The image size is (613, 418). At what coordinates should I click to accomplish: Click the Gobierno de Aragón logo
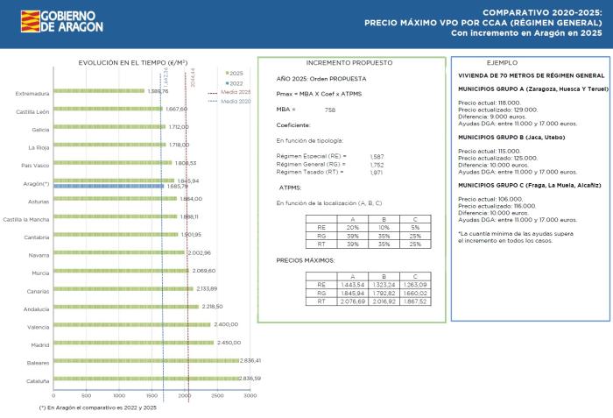pos(61,21)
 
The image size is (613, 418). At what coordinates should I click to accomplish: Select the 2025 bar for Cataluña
pos(145,379)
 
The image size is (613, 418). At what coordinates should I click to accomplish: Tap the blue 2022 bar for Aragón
pos(108,186)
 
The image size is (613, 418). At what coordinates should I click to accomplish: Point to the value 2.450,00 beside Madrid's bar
pos(229,343)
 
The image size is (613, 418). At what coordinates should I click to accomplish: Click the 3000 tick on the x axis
pos(250,395)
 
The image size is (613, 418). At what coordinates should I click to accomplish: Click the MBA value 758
pos(329,110)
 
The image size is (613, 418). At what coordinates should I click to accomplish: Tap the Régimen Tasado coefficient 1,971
pos(377,173)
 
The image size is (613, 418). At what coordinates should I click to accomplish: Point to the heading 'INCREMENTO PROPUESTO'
pos(349,63)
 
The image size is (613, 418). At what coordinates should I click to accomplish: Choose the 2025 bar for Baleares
pos(145,360)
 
